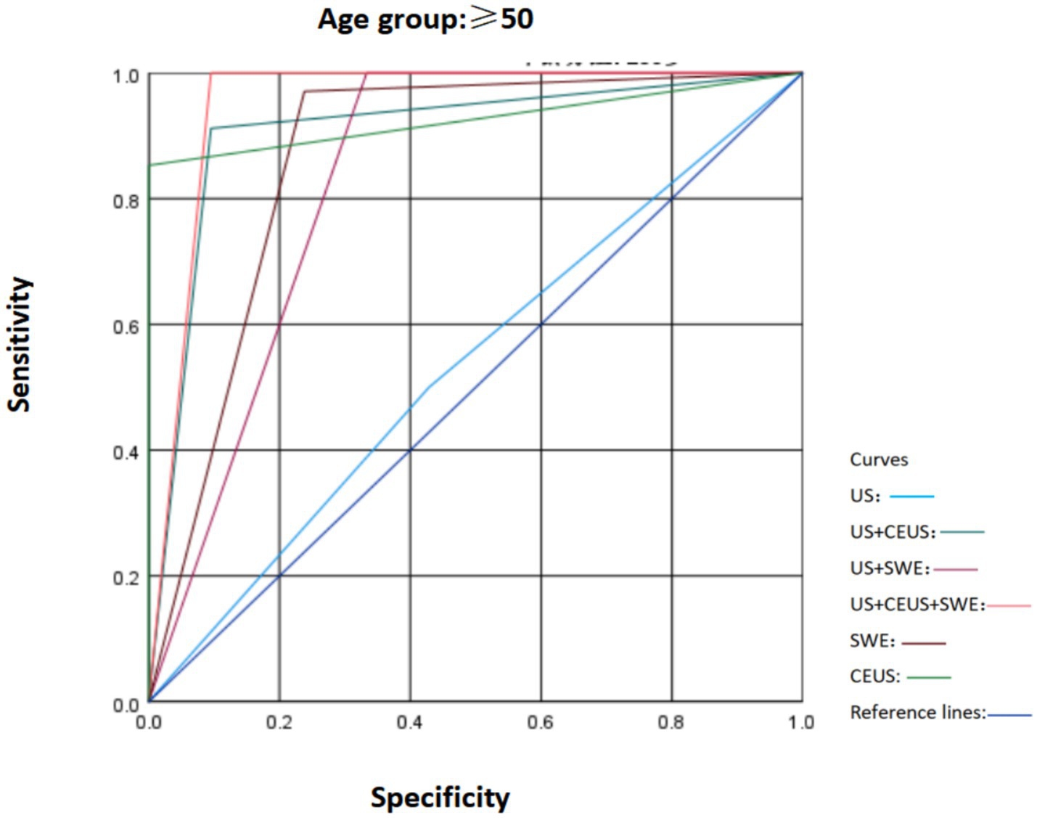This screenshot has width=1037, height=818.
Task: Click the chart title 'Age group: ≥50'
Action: tap(425, 19)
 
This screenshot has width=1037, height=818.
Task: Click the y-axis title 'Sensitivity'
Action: tap(20, 344)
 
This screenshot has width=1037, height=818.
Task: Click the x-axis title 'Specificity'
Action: tap(440, 797)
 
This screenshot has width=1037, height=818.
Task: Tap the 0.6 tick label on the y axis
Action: tap(126, 327)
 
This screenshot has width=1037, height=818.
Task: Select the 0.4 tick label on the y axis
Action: tap(126, 452)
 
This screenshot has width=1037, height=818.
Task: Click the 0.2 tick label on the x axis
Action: tap(279, 722)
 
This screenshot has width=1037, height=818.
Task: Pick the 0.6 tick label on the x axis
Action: tap(540, 722)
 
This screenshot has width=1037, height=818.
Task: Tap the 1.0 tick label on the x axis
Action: tap(800, 722)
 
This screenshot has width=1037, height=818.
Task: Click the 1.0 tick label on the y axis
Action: tap(126, 75)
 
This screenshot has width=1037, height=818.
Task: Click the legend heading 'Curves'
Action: tap(879, 460)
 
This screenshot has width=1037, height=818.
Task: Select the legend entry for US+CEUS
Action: tap(893, 532)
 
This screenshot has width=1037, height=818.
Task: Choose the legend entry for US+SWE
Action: tap(890, 568)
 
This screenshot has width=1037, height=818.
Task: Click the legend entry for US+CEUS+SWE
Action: tap(917, 605)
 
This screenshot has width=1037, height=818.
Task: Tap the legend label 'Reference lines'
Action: tap(917, 713)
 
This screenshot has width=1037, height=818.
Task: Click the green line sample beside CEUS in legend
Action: tap(929, 677)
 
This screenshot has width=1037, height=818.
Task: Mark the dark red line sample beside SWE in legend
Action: tap(924, 642)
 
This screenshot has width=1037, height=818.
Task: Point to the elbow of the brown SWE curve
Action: tap(304, 91)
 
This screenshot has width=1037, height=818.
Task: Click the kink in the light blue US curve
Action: tap(429, 387)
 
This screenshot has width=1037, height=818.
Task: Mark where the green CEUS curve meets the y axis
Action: tap(149, 165)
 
